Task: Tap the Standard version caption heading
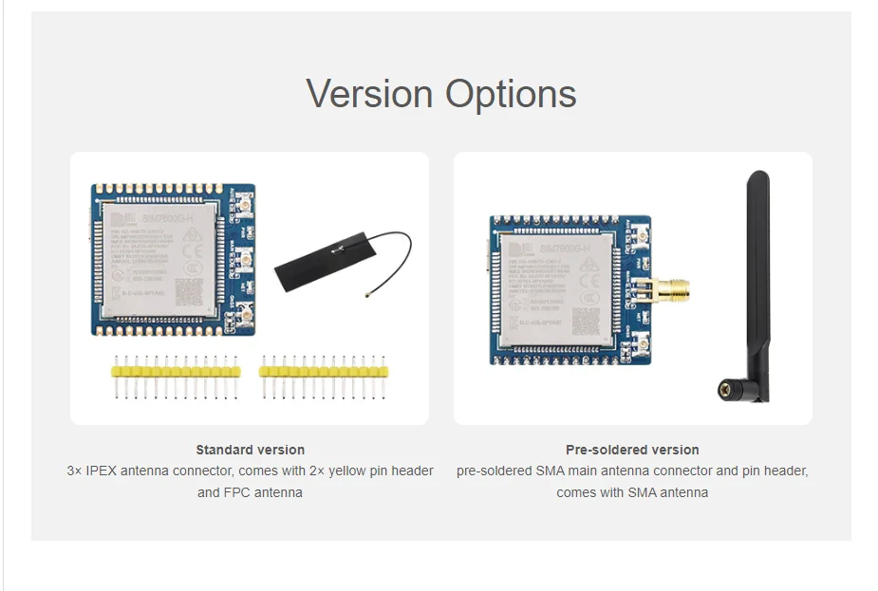click(x=251, y=450)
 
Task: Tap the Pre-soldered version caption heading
click(x=632, y=450)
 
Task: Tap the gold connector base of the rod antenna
click(x=729, y=389)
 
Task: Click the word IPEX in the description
click(x=103, y=471)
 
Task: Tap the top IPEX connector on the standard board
click(x=243, y=205)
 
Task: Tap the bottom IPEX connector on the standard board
click(x=243, y=314)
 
